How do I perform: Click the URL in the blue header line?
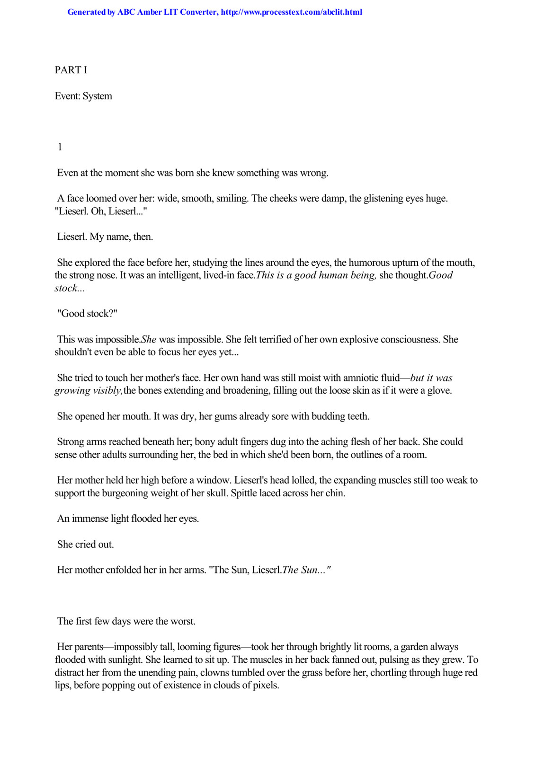click(291, 12)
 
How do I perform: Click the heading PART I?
click(71, 70)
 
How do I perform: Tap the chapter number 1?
click(60, 147)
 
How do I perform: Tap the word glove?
click(440, 391)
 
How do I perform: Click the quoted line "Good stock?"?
click(87, 314)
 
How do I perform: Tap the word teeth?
click(358, 416)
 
